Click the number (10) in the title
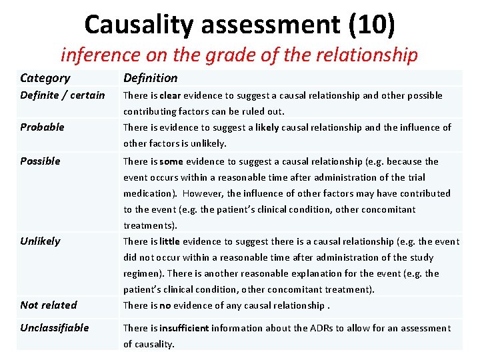[371, 25]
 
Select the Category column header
[45, 78]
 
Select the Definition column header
[150, 78]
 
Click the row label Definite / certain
[63, 95]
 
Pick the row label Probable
[42, 127]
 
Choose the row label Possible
[40, 161]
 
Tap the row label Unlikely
[40, 241]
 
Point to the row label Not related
[48, 305]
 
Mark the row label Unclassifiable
[54, 327]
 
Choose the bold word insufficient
[184, 328]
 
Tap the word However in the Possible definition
[204, 193]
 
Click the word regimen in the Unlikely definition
[143, 273]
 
